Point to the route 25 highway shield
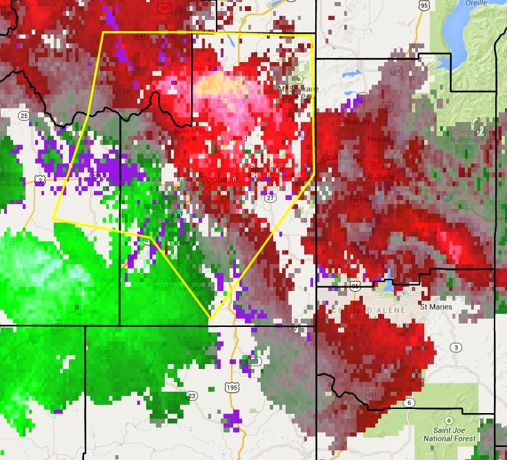point(25,115)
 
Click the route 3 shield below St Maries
point(456,347)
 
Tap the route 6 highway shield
point(410,403)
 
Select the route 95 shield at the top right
point(424,6)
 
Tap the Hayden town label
point(380,139)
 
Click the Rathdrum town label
point(352,121)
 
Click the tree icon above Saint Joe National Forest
point(448,420)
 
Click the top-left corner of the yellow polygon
point(102,32)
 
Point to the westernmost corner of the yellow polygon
point(53,219)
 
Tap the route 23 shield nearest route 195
point(191,395)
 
